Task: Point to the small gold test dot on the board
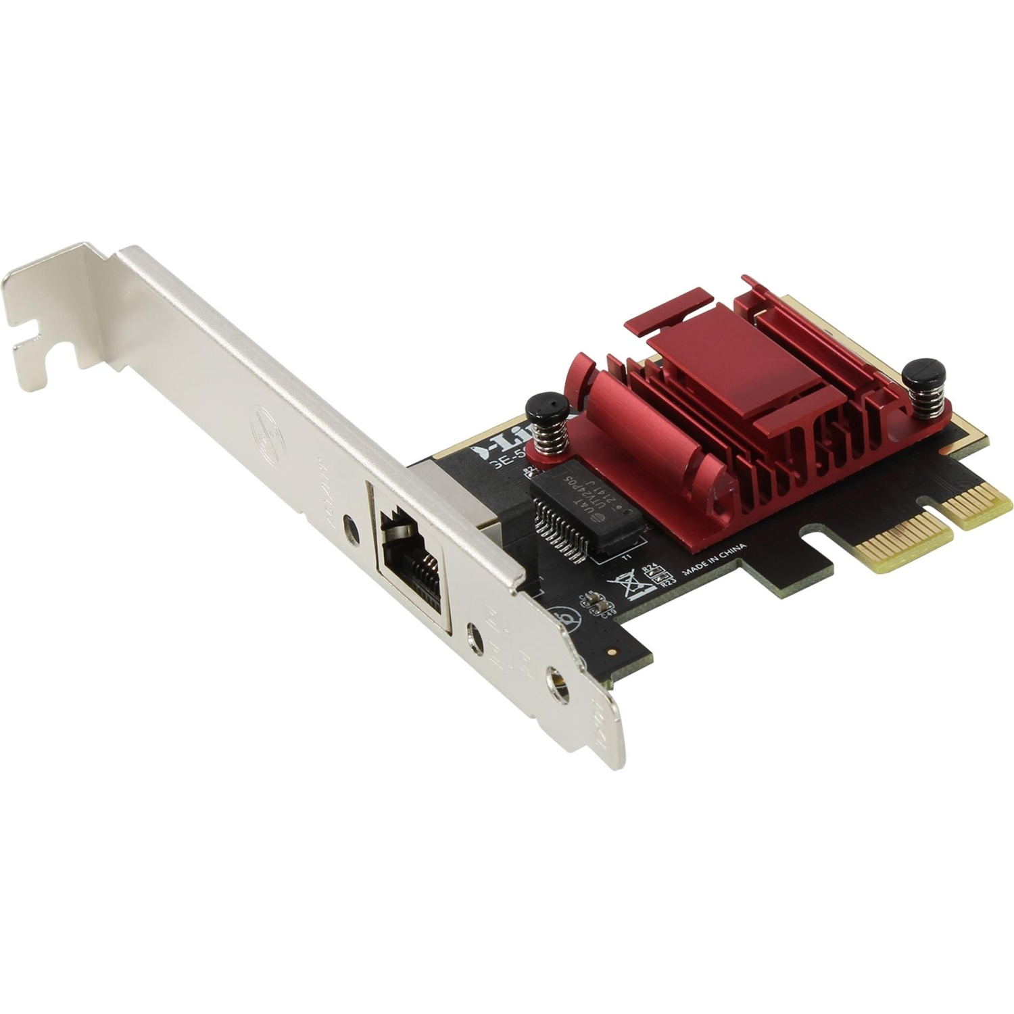coord(611,653)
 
